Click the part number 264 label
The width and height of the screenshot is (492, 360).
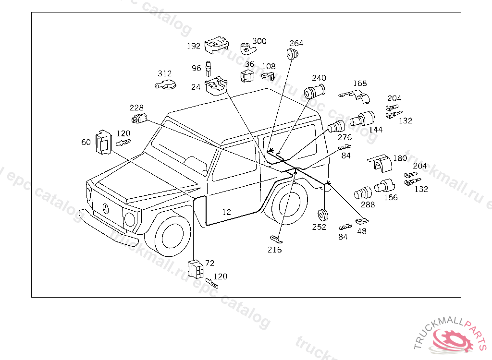(296, 43)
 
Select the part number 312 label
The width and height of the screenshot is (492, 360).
(164, 73)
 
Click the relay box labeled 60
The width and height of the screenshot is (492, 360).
(103, 142)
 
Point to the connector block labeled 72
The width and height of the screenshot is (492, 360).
(195, 269)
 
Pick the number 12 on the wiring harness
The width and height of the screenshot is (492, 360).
(227, 212)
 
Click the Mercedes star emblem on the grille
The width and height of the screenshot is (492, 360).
(106, 208)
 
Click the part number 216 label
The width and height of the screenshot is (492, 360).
(275, 250)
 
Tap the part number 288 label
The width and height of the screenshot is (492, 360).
(368, 204)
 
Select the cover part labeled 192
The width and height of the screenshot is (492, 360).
(216, 45)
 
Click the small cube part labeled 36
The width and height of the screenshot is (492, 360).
(247, 76)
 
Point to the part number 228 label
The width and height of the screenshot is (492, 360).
(136, 108)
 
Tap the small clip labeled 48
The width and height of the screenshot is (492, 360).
(361, 221)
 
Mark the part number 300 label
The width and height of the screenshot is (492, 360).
(259, 41)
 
